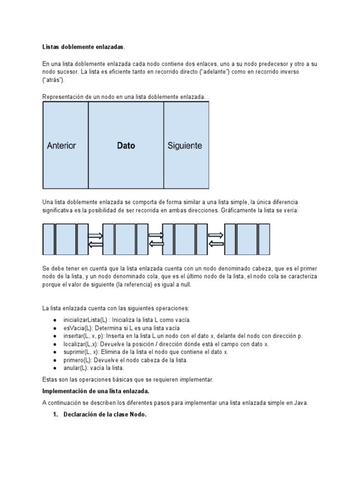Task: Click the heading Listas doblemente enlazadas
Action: coord(83,47)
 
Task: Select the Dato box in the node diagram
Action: coord(126,145)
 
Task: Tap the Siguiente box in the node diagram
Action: coord(186,145)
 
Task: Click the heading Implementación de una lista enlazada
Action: coord(102,391)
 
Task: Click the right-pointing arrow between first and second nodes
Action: coord(95,235)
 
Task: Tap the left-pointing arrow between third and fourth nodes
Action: coord(216,243)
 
